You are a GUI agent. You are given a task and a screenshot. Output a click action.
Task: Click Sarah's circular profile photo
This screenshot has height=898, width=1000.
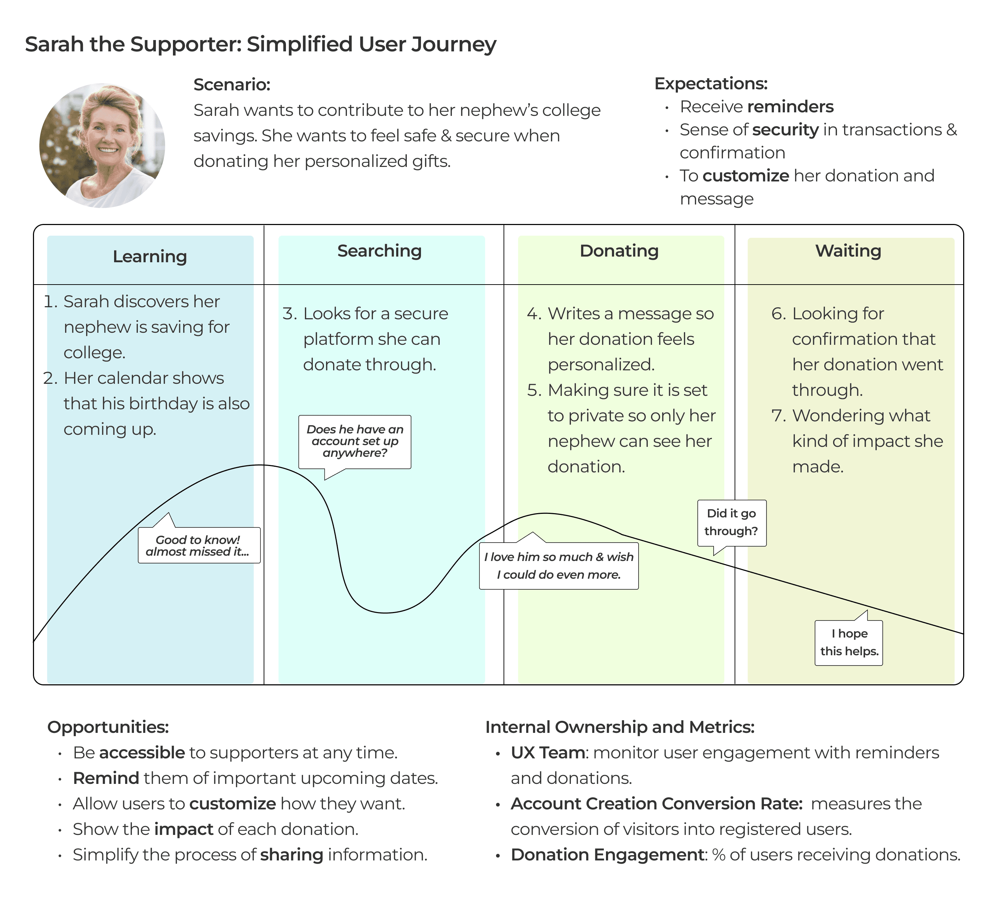[102, 146]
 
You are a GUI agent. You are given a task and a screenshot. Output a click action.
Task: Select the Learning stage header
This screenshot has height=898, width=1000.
[150, 257]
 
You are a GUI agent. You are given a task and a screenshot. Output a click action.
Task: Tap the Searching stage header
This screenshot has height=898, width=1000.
[380, 251]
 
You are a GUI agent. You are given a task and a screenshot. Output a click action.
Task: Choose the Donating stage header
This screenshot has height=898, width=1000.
[619, 251]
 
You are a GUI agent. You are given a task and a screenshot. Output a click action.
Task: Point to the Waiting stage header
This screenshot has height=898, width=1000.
[848, 251]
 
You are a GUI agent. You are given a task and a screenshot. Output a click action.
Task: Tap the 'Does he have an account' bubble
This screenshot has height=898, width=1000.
[355, 441]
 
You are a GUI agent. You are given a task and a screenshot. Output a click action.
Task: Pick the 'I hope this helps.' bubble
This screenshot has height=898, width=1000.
[849, 642]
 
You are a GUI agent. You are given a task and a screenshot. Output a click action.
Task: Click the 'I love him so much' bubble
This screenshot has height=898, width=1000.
[558, 566]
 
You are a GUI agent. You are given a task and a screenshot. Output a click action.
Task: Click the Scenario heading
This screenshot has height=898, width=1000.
[232, 84]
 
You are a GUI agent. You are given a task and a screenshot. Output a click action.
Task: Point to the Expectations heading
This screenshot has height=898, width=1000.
[711, 83]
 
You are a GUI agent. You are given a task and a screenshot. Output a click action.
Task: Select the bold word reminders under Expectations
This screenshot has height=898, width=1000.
[790, 107]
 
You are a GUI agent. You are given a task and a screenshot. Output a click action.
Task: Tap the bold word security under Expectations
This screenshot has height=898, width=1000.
[785, 130]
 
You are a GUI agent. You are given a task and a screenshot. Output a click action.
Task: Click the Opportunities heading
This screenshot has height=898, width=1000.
[108, 727]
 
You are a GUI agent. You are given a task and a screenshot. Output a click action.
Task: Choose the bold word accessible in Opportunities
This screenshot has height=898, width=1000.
[142, 752]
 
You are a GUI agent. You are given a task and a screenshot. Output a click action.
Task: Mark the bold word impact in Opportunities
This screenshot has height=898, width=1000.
[184, 829]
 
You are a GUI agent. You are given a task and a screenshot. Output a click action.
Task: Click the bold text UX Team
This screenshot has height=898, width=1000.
[547, 752]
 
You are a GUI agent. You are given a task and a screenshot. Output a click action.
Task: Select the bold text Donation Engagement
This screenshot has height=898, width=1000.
[608, 854]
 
